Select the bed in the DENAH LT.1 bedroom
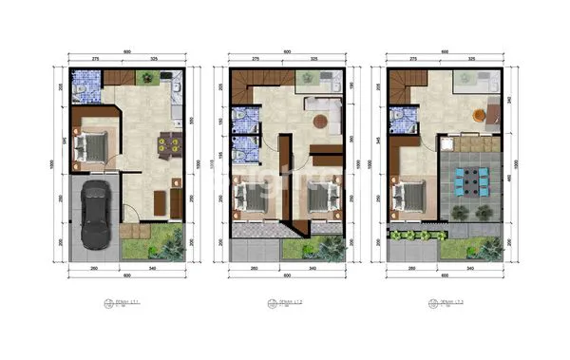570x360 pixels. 94,144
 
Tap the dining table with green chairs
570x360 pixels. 165,144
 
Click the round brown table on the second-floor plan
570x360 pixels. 321,121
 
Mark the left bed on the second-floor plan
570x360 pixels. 251,199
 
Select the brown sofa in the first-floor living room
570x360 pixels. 159,200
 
